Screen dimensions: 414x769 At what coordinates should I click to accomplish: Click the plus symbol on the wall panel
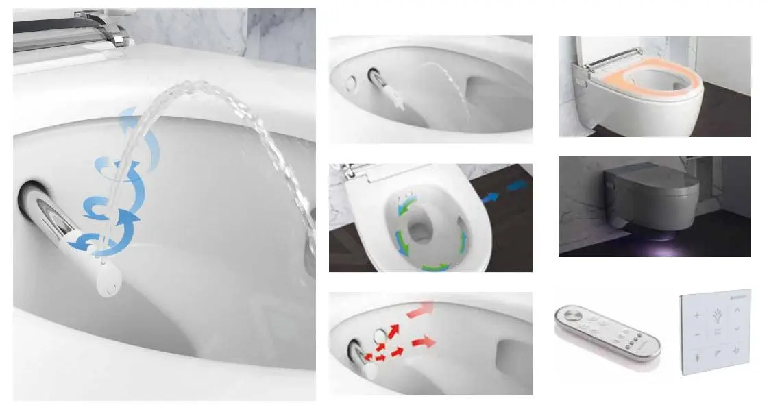698,316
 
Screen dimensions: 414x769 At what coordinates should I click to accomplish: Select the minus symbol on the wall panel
696,335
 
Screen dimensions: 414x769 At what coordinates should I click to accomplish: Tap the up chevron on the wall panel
737,310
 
